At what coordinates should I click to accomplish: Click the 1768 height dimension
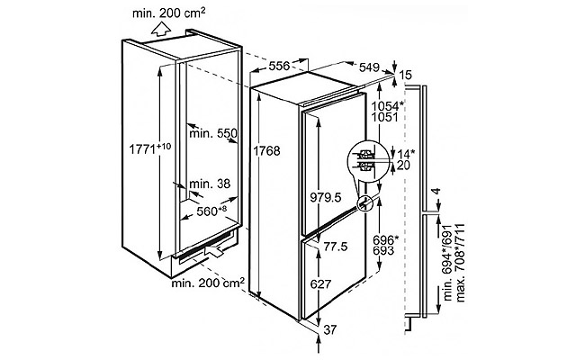266,150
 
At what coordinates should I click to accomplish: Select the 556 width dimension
279,66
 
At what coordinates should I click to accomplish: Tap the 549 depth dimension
369,67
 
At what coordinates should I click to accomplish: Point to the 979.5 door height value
326,197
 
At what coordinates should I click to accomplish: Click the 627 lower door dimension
320,283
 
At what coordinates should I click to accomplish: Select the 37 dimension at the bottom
329,329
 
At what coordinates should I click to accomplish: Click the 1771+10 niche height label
150,148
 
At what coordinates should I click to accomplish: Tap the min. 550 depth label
213,133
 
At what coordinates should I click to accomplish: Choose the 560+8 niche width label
211,211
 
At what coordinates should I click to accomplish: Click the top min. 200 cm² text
168,13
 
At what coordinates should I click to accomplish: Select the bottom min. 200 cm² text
208,283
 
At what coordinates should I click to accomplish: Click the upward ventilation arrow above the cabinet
161,29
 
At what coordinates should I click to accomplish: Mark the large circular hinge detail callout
368,160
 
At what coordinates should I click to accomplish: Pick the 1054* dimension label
388,105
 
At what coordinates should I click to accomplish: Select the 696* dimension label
385,239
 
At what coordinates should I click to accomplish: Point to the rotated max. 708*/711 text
460,263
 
